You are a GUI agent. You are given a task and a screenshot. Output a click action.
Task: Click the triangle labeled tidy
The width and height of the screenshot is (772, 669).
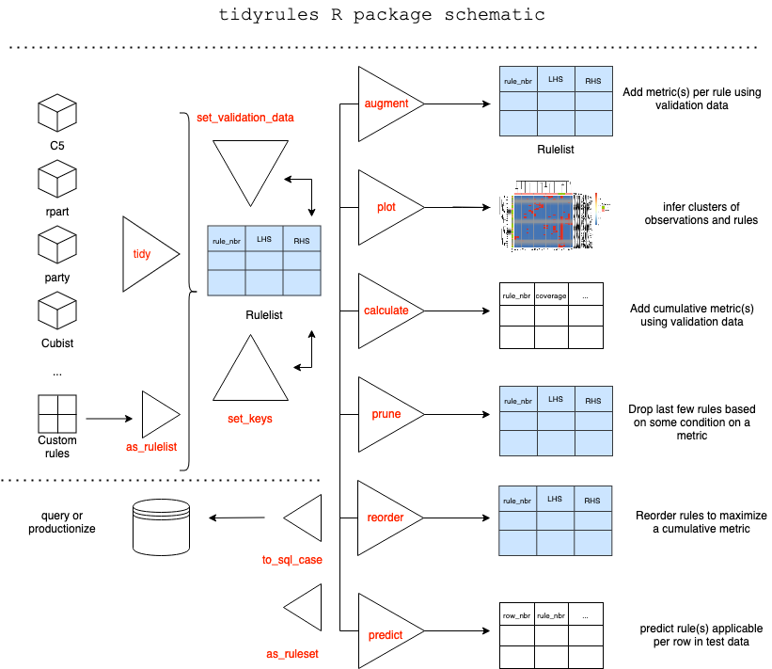(x=146, y=254)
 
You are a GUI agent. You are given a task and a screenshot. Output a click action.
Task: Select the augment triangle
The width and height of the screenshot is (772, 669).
(x=385, y=104)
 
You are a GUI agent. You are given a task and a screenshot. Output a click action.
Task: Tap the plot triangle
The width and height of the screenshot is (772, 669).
(x=385, y=207)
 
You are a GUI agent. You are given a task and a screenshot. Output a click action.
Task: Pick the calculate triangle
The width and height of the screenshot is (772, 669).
(x=385, y=311)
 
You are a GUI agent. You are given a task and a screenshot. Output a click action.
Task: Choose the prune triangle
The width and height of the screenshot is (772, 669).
(x=385, y=414)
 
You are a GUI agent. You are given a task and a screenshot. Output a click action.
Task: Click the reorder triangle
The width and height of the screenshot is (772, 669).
(x=385, y=518)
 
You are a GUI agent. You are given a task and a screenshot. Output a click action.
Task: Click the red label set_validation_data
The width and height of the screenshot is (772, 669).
(x=244, y=118)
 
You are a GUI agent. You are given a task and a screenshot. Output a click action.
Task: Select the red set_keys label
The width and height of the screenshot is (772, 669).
(x=250, y=419)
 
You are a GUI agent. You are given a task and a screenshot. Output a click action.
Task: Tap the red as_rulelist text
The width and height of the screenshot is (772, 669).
(x=151, y=447)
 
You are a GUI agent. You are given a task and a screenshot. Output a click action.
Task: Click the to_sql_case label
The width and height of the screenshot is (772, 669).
(x=292, y=560)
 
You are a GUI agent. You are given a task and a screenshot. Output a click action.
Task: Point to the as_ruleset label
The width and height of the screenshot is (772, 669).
(x=292, y=653)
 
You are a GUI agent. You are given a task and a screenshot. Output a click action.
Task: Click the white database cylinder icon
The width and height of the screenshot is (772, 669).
(x=162, y=527)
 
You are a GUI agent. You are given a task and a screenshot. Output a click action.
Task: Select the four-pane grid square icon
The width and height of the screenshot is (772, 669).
(x=57, y=414)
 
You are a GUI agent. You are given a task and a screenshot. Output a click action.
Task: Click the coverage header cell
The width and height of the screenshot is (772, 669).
(x=551, y=295)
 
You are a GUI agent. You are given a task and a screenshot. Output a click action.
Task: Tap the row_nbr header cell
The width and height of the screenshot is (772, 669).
(x=516, y=615)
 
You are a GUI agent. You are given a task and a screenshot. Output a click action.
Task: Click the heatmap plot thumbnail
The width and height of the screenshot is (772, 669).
(x=555, y=216)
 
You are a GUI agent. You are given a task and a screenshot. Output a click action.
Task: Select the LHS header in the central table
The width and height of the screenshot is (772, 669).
(x=264, y=240)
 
